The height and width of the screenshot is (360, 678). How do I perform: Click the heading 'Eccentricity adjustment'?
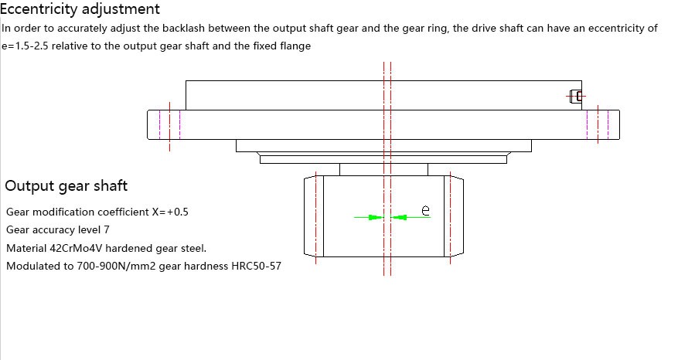pyautogui.click(x=80, y=9)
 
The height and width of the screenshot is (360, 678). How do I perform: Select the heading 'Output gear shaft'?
pyautogui.click(x=66, y=185)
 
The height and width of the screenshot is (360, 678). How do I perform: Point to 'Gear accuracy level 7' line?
pyautogui.click(x=58, y=229)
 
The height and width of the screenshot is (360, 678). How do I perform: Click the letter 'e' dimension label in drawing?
pyautogui.click(x=424, y=209)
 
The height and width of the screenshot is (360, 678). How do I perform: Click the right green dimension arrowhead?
pyautogui.click(x=399, y=217)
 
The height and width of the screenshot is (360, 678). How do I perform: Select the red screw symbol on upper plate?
pyautogui.click(x=575, y=97)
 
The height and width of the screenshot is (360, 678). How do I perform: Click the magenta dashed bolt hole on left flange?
pyautogui.click(x=169, y=124)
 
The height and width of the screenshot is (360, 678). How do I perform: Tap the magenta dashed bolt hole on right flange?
pyautogui.click(x=598, y=124)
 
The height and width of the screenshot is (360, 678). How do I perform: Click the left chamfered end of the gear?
pyautogui.click(x=313, y=216)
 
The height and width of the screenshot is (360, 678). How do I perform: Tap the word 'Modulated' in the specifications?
pyautogui.click(x=32, y=267)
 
